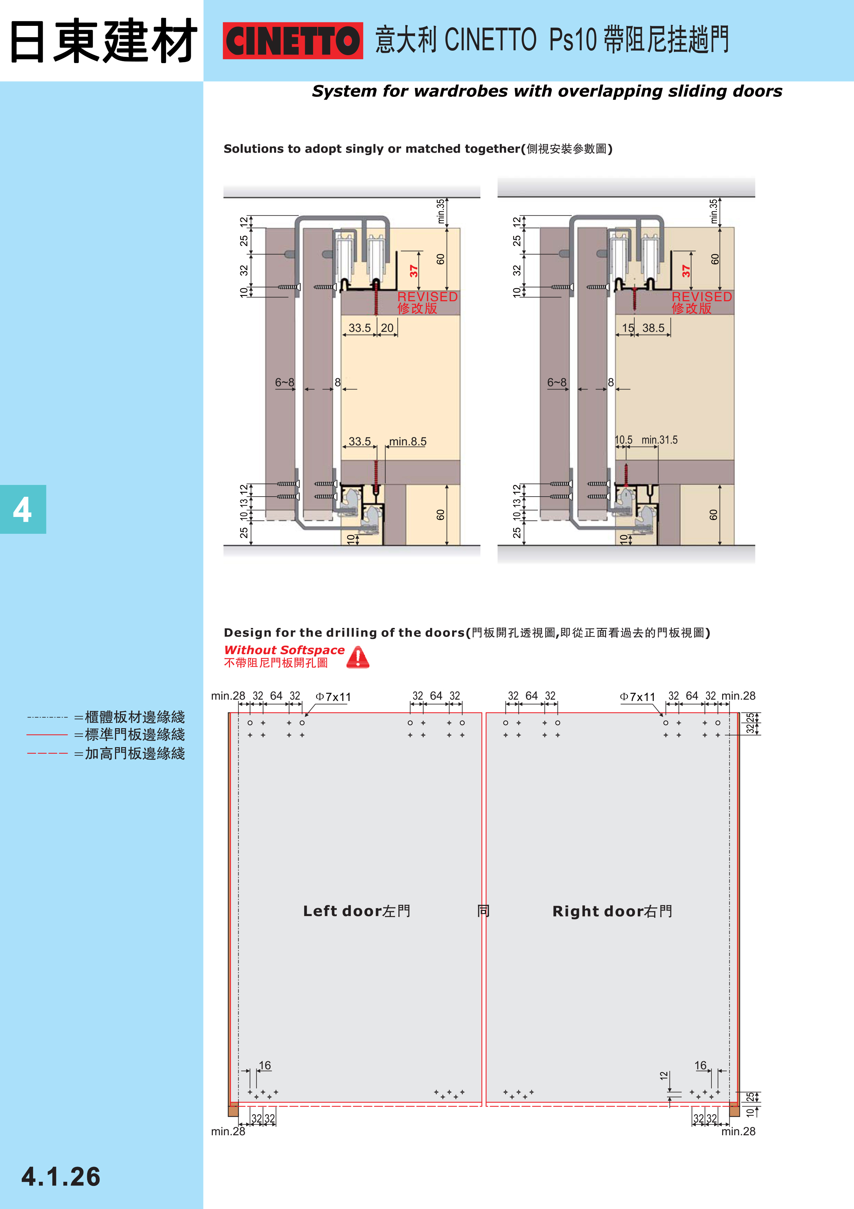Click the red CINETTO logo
[x=293, y=41]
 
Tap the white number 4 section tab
[x=23, y=509]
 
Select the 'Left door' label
[x=356, y=911]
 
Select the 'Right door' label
[x=612, y=911]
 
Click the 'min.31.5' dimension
[x=659, y=440]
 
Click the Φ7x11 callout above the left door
[x=333, y=697]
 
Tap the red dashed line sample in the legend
[x=48, y=753]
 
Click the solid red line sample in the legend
[x=48, y=734]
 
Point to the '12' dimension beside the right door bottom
[x=664, y=1075]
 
